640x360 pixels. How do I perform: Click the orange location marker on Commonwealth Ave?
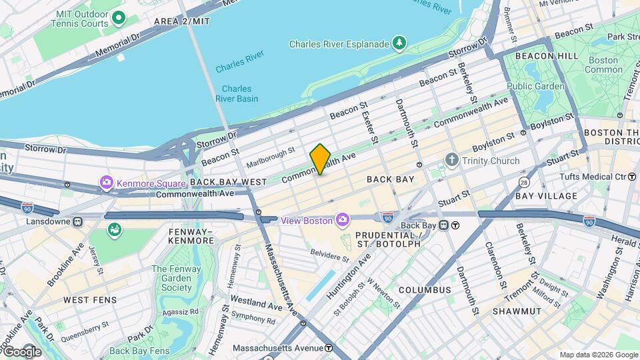[320, 159]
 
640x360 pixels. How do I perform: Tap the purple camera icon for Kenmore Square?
[106, 182]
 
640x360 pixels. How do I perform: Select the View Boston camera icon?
[342, 220]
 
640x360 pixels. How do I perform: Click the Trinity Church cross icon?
[452, 161]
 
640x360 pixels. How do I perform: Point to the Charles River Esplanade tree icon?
[399, 43]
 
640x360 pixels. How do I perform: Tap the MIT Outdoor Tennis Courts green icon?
[119, 18]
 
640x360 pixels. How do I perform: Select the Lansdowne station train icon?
[78, 221]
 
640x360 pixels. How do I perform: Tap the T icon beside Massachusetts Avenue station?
[329, 348]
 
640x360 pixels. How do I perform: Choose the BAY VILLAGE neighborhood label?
[546, 196]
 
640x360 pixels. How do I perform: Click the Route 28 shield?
[525, 182]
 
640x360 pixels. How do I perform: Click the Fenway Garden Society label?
[171, 279]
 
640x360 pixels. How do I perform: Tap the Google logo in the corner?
[21, 352]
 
